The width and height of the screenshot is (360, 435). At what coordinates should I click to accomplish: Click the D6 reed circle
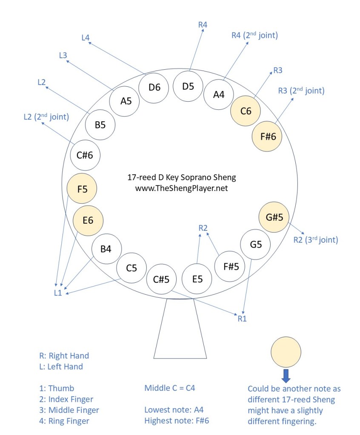[x=154, y=88]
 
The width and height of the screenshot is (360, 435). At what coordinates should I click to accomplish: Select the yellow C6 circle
[x=246, y=111]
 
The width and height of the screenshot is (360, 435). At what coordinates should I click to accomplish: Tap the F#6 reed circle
[x=267, y=136]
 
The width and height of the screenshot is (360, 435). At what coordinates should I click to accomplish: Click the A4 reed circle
[x=218, y=94]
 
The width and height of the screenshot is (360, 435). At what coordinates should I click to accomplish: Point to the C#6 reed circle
[x=85, y=156]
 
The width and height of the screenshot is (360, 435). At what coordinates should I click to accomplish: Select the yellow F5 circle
[x=82, y=188]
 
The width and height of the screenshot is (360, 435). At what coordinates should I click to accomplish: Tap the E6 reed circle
[x=88, y=220]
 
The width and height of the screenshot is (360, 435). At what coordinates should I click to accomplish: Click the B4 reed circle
[x=106, y=249]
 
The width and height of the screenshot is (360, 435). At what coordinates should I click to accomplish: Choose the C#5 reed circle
[x=161, y=279]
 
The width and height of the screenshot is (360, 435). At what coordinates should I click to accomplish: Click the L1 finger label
[x=58, y=293]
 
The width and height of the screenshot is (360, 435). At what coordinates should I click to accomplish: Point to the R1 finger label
[x=242, y=318]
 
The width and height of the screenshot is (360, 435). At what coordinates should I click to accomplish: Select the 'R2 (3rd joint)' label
[x=316, y=240]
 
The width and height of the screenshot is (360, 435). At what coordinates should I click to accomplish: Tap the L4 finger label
[x=85, y=37]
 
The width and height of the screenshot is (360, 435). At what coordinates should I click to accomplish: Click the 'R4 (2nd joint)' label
[x=254, y=35]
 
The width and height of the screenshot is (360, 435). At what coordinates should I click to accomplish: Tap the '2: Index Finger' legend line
[x=66, y=399]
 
